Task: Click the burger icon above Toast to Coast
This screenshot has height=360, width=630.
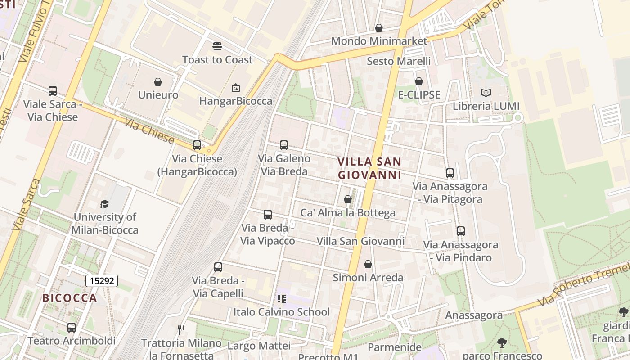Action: pyautogui.click(x=217, y=46)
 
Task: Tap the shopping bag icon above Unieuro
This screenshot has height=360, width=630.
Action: pyautogui.click(x=158, y=82)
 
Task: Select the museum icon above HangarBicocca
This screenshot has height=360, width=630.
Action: pyautogui.click(x=235, y=88)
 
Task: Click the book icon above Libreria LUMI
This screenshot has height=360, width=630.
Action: pyautogui.click(x=486, y=93)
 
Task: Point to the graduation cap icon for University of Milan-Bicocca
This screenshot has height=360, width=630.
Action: pyautogui.click(x=105, y=204)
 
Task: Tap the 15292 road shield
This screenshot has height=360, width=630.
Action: pyautogui.click(x=102, y=281)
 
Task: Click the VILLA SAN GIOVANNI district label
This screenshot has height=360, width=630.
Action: pyautogui.click(x=369, y=168)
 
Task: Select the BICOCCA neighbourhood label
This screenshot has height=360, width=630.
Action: pyautogui.click(x=70, y=298)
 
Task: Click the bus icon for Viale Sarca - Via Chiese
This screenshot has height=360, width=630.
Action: pyautogui.click(x=53, y=91)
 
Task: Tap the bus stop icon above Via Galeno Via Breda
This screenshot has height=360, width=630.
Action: pyautogui.click(x=283, y=145)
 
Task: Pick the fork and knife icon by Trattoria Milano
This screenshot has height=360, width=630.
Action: pyautogui.click(x=181, y=330)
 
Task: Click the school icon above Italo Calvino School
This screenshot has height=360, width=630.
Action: pyautogui.click(x=282, y=299)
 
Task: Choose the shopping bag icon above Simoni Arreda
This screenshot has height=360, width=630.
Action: pyautogui.click(x=368, y=264)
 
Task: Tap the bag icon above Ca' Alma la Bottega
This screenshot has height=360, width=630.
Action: pyautogui.click(x=348, y=199)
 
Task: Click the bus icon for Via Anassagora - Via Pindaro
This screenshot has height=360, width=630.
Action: pyautogui.click(x=460, y=231)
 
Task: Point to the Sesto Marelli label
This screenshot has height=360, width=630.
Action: pyautogui.click(x=399, y=61)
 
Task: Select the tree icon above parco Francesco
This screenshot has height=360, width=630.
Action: pyautogui.click(x=502, y=343)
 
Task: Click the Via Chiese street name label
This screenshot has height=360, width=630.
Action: pyautogui.click(x=149, y=131)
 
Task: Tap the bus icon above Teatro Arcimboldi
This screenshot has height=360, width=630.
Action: pyautogui.click(x=71, y=327)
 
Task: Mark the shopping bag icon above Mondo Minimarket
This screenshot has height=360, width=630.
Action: pyautogui.click(x=379, y=28)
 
